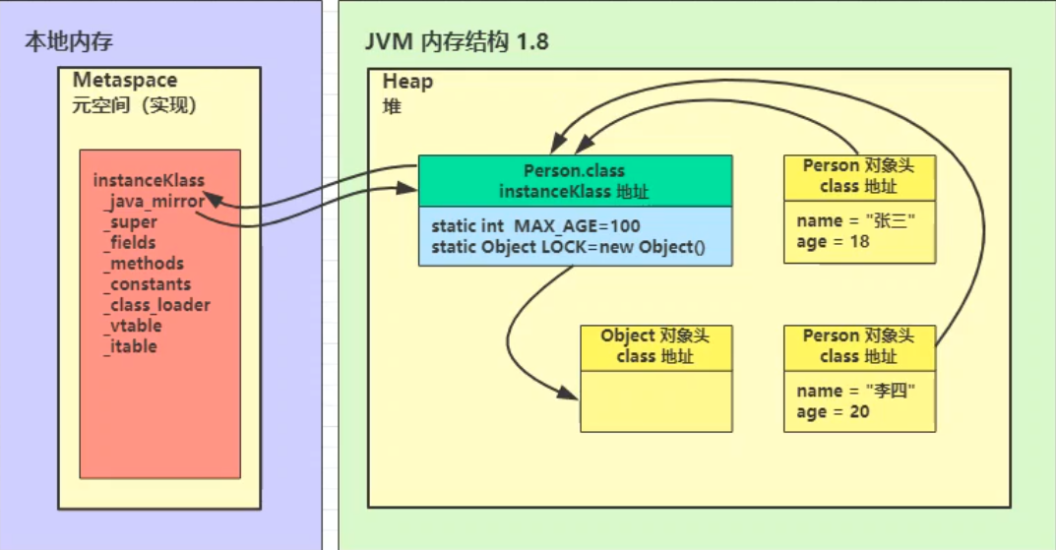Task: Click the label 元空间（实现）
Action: point(135,104)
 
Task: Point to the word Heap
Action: point(407,82)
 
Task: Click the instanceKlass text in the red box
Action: point(149,180)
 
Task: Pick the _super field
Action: point(130,221)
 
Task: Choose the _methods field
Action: point(143,263)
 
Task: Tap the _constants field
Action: point(148,283)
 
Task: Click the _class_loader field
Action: point(156,304)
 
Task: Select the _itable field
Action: point(130,345)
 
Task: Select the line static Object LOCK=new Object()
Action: point(568,247)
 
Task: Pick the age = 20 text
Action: point(833,411)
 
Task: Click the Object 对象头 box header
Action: point(655,346)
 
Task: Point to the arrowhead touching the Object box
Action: point(573,396)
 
